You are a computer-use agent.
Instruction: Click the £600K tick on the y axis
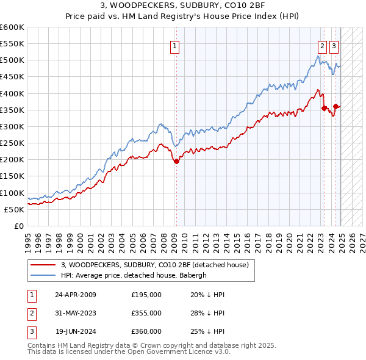pyautogui.click(x=12, y=27)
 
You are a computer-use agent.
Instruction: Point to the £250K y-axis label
pyautogui.click(x=12, y=143)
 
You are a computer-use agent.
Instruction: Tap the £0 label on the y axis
pyautogui.click(x=20, y=226)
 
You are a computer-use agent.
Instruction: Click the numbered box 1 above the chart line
pyautogui.click(x=175, y=45)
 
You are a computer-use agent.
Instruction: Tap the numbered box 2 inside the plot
pyautogui.click(x=321, y=45)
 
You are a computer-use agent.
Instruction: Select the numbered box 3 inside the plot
pyautogui.click(x=334, y=45)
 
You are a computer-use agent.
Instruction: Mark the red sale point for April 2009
pyautogui.click(x=176, y=162)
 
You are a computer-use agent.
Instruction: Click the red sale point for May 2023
pyautogui.click(x=325, y=109)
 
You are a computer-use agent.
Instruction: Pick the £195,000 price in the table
pyautogui.click(x=146, y=295)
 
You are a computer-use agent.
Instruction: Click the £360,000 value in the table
pyautogui.click(x=146, y=331)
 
